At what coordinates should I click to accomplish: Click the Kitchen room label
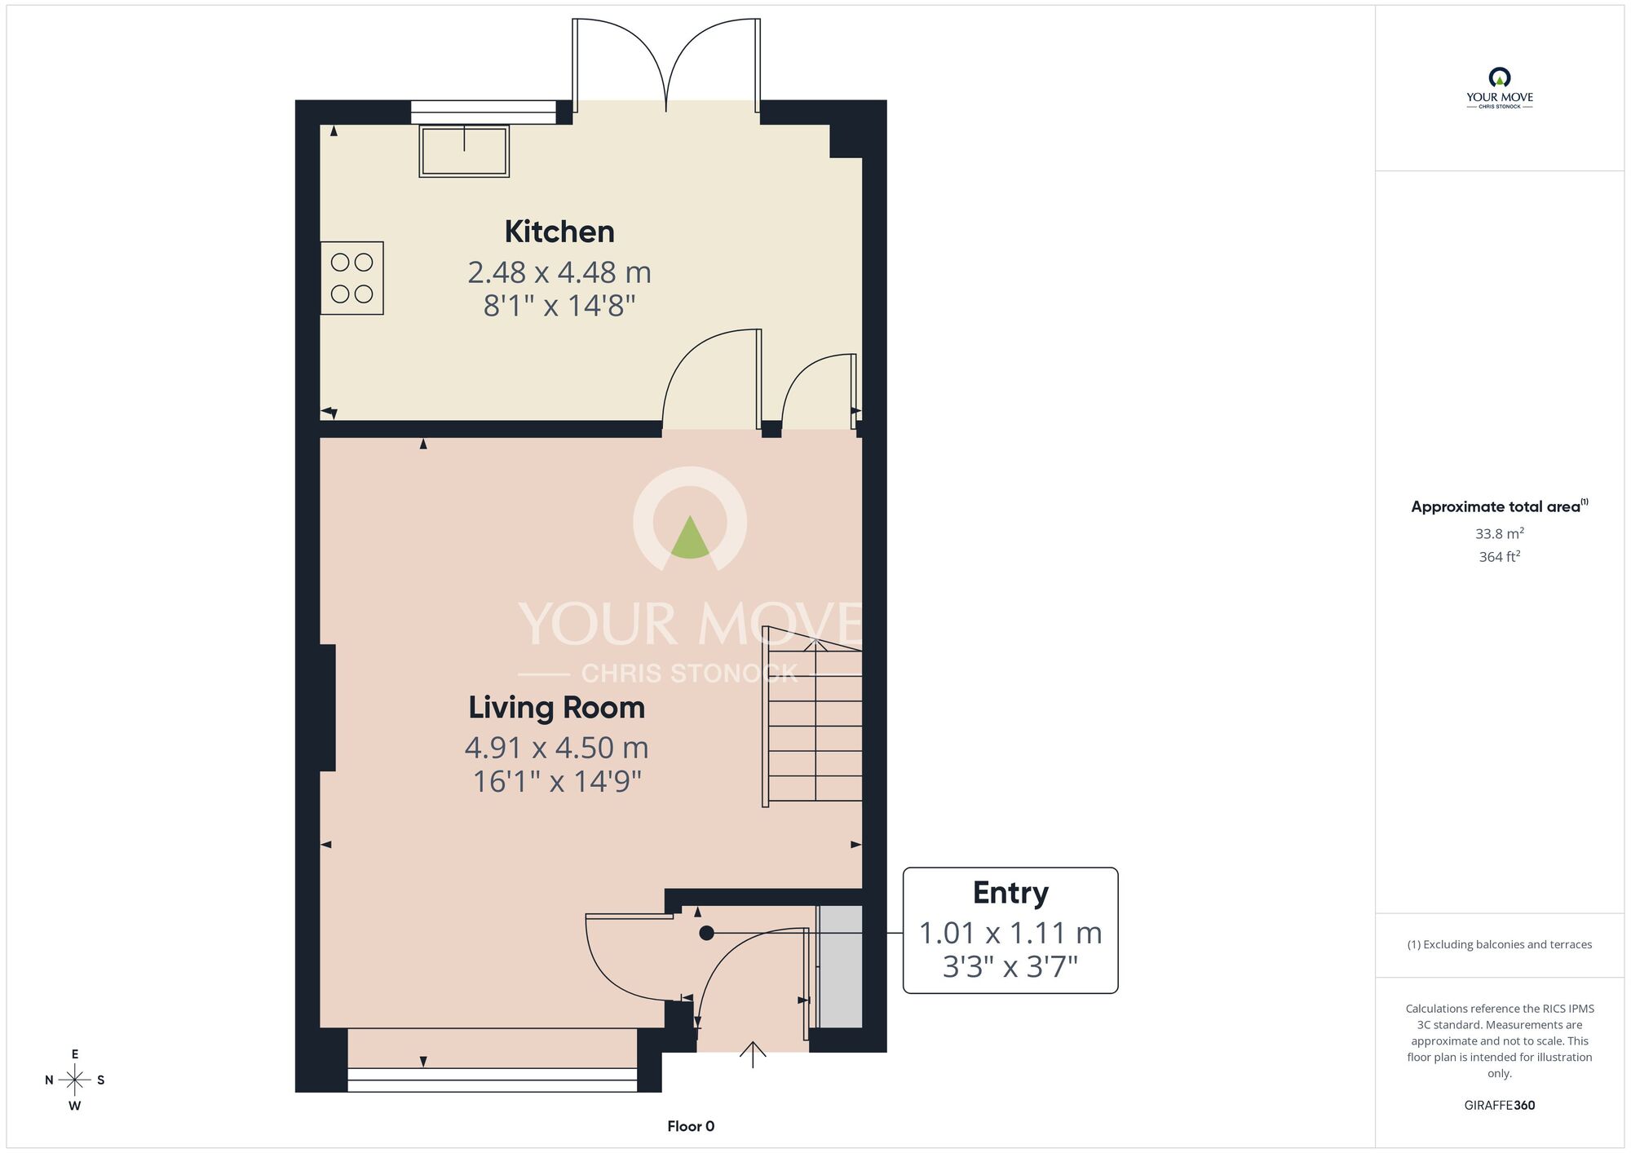pyautogui.click(x=559, y=232)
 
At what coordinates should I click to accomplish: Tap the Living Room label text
pyautogui.click(x=556, y=708)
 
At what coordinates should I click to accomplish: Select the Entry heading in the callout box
pyautogui.click(x=1010, y=894)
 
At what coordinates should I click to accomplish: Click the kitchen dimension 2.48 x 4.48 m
pyautogui.click(x=559, y=272)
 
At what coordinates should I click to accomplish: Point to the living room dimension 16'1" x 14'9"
pyautogui.click(x=557, y=781)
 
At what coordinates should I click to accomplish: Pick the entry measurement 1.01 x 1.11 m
pyautogui.click(x=1010, y=933)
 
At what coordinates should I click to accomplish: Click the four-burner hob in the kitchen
pyautogui.click(x=351, y=278)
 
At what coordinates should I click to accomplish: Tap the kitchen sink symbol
pyautogui.click(x=464, y=151)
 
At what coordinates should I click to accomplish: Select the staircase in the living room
pyautogui.click(x=812, y=717)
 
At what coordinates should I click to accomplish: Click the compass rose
pyautogui.click(x=74, y=1080)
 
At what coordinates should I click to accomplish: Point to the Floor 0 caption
pyautogui.click(x=691, y=1126)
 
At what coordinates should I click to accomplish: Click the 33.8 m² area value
pyautogui.click(x=1499, y=533)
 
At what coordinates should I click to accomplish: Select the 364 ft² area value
pyautogui.click(x=1499, y=556)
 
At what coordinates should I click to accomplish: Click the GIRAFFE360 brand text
pyautogui.click(x=1499, y=1106)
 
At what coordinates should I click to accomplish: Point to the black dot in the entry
pyautogui.click(x=706, y=933)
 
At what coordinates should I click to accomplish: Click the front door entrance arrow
pyautogui.click(x=752, y=1054)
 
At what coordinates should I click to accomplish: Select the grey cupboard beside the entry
pyautogui.click(x=840, y=966)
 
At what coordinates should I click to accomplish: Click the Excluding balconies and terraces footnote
pyautogui.click(x=1499, y=944)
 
